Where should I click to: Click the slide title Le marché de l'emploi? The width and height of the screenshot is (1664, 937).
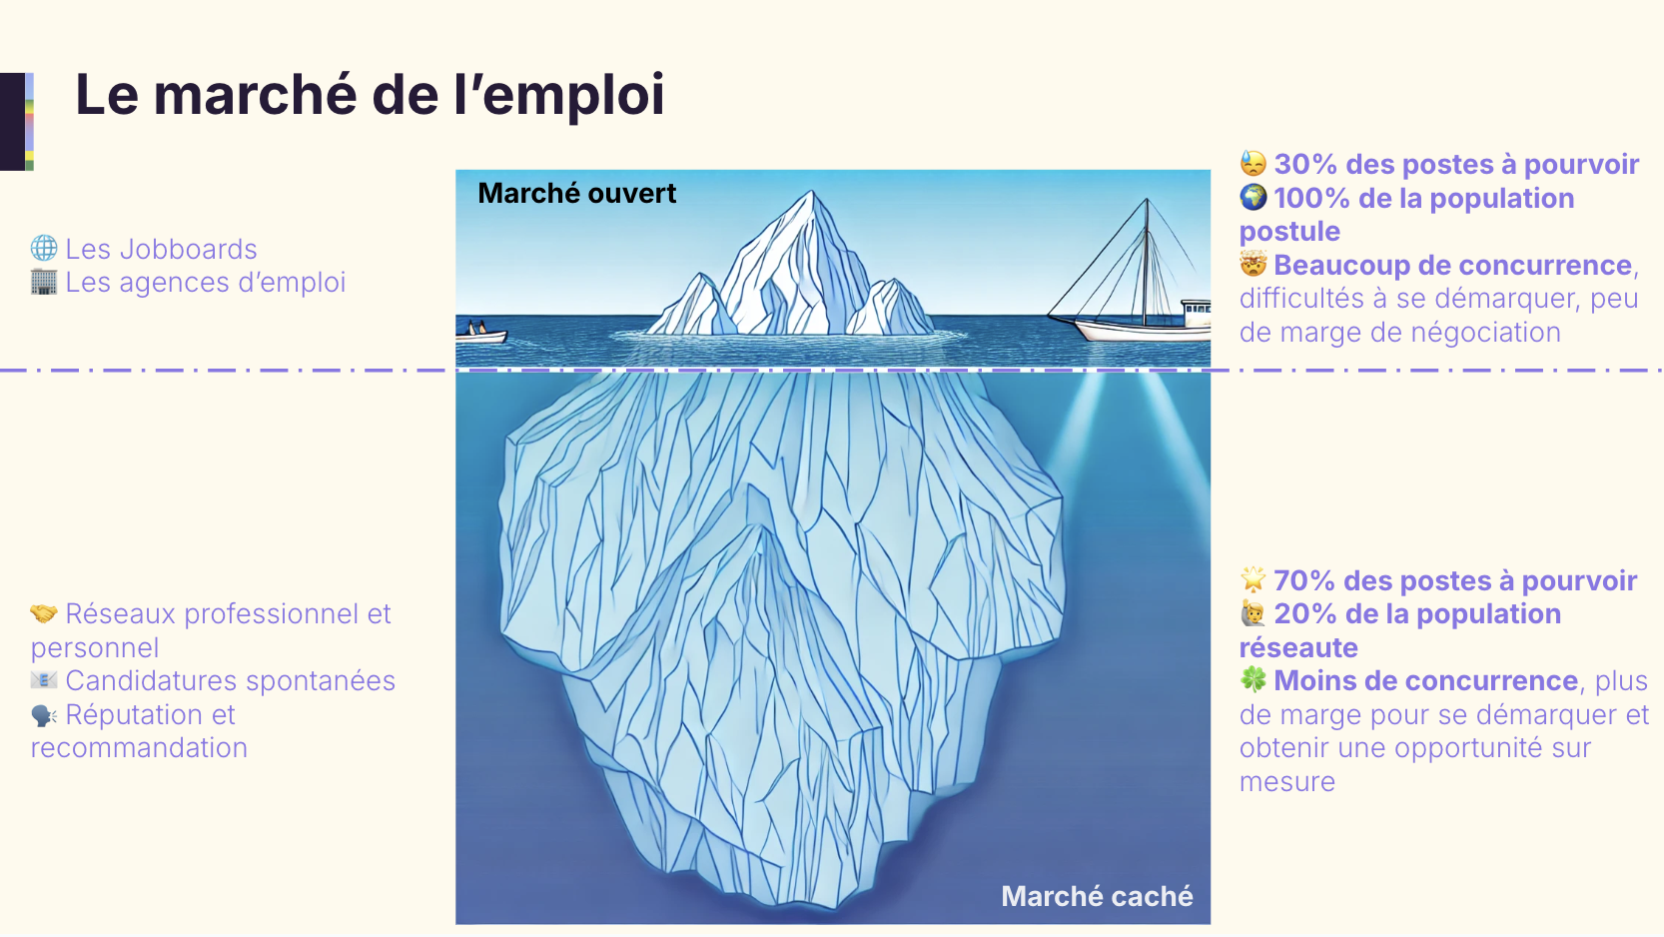(370, 95)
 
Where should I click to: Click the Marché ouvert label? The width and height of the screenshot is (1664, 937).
(576, 193)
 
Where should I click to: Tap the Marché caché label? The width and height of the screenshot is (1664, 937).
(1097, 896)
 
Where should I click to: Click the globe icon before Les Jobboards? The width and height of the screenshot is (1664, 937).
(44, 248)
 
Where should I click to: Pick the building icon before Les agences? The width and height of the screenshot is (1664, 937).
(44, 282)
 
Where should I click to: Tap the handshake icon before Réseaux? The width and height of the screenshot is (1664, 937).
(44, 613)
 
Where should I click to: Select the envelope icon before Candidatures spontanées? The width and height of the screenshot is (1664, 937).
(44, 680)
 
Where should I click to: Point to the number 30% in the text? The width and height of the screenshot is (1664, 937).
(1305, 164)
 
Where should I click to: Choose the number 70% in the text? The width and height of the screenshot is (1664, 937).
(1304, 580)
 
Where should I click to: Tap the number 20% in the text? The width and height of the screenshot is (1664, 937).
(1304, 613)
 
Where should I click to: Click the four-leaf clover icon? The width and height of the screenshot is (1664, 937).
(1253, 680)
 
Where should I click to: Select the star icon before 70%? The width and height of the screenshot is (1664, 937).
(1252, 579)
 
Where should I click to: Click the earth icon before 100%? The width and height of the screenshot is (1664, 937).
(1253, 197)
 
